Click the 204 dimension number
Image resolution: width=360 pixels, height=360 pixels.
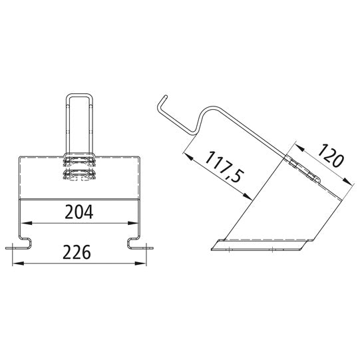[x=79, y=212]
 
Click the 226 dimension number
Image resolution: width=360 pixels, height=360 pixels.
[x=77, y=252]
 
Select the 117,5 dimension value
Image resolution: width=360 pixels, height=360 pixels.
[x=223, y=166]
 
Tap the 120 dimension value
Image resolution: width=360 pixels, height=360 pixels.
[x=330, y=155]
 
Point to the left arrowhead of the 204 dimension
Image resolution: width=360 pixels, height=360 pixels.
[x=27, y=223]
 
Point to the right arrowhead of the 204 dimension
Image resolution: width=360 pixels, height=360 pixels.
[x=133, y=223]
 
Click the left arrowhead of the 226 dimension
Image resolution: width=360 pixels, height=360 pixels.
[x=18, y=264]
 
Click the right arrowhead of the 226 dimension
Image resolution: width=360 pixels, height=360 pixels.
[x=140, y=264]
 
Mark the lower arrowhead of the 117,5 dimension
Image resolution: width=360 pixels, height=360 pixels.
[x=248, y=196]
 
